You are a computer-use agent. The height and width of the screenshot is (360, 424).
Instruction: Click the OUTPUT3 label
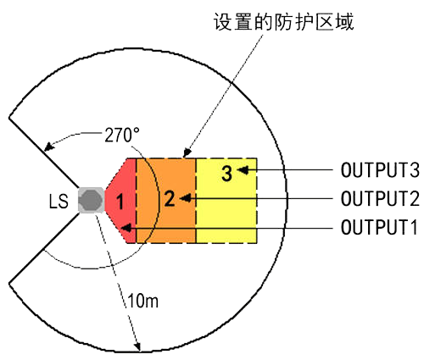click(380, 170)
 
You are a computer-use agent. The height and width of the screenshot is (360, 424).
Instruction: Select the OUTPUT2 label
click(380, 198)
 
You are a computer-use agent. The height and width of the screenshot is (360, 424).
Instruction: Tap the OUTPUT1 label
click(379, 227)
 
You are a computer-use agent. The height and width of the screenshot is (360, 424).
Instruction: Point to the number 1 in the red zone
click(120, 202)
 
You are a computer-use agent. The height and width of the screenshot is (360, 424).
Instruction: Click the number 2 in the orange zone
click(170, 198)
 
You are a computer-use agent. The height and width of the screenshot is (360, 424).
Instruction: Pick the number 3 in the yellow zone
click(226, 173)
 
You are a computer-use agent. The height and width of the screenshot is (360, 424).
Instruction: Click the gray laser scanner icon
click(91, 200)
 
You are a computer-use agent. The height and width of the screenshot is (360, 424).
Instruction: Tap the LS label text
click(59, 202)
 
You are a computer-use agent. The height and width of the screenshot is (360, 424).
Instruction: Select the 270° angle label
click(122, 136)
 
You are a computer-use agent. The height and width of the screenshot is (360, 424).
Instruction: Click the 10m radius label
click(143, 301)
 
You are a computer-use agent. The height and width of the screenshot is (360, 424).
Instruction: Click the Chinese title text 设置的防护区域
click(283, 22)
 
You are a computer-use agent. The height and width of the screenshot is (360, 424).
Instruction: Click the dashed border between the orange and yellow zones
click(196, 201)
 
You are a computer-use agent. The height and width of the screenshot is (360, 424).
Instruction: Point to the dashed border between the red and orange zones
click(137, 201)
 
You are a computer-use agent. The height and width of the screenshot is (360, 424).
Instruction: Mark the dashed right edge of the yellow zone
click(256, 201)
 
